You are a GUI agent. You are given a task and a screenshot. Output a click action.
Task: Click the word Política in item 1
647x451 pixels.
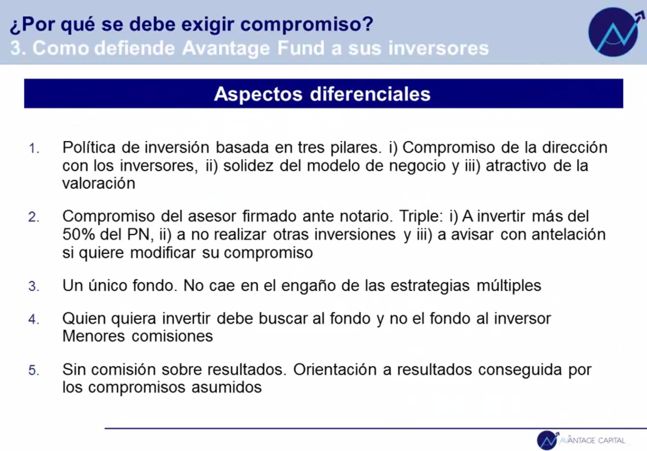tap(89, 148)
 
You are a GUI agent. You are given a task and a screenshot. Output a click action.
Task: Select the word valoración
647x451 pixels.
tap(99, 183)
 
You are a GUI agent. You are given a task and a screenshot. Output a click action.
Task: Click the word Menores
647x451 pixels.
tap(94, 336)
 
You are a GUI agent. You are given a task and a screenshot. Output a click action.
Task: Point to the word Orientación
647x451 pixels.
tap(335, 369)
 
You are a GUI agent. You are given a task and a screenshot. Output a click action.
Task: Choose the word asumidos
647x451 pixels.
tap(227, 387)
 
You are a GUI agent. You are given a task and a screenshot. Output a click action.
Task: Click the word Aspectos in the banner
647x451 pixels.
tap(258, 94)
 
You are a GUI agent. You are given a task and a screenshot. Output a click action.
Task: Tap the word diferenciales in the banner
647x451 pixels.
tap(370, 94)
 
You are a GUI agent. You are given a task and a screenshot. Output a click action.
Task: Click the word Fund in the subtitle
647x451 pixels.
tap(301, 48)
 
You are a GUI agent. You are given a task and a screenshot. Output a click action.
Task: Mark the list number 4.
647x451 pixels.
tap(34, 319)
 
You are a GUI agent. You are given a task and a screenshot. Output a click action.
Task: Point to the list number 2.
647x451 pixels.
tap(33, 217)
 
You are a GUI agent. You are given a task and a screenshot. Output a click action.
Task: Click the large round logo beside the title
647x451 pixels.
tap(614, 32)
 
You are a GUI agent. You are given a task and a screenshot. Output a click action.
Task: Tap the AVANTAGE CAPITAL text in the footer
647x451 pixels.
tap(592, 440)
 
